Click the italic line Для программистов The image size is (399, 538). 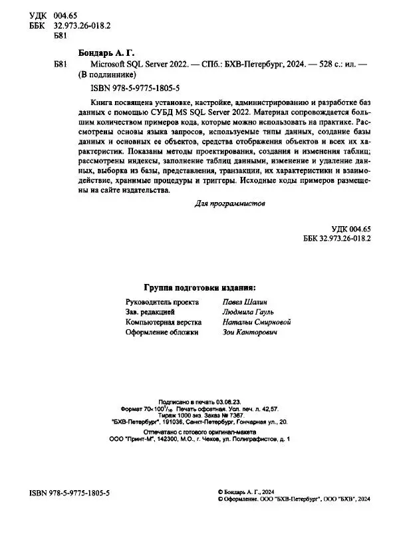coord(232,204)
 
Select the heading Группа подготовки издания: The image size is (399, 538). coord(199,287)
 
